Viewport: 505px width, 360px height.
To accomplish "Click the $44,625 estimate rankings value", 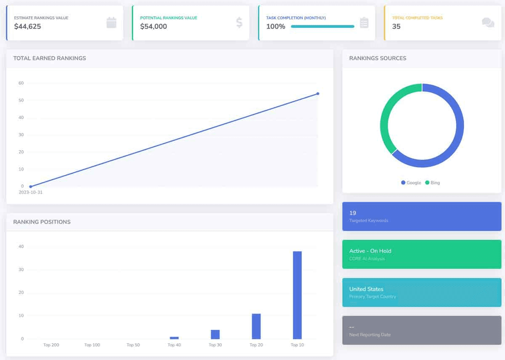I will pyautogui.click(x=27, y=26).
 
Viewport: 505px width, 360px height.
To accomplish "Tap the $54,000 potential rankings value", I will pyautogui.click(x=154, y=26).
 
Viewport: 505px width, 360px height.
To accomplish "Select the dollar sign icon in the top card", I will pyautogui.click(x=239, y=23).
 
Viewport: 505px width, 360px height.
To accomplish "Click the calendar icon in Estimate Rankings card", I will pyautogui.click(x=111, y=23).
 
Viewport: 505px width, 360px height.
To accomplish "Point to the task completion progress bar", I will pyautogui.click(x=322, y=26).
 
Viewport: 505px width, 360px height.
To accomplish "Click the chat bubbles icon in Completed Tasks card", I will pyautogui.click(x=488, y=23).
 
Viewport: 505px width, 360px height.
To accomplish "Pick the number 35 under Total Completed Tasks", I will pyautogui.click(x=396, y=26).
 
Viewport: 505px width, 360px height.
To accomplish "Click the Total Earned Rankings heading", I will pyautogui.click(x=50, y=58).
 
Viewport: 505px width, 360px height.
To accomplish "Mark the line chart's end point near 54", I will pyautogui.click(x=318, y=93).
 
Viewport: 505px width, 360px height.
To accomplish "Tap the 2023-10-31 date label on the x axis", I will pyautogui.click(x=31, y=192).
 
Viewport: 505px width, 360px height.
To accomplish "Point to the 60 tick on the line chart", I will pyautogui.click(x=21, y=83).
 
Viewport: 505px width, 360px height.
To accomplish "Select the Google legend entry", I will pyautogui.click(x=411, y=183).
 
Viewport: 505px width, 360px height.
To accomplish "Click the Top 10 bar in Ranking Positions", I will pyautogui.click(x=297, y=294).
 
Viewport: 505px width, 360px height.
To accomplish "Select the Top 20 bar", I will pyautogui.click(x=256, y=326).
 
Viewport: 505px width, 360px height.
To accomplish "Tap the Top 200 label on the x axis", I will pyautogui.click(x=51, y=345).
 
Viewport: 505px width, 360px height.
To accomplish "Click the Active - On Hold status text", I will pyautogui.click(x=370, y=251).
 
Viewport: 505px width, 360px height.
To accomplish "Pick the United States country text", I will pyautogui.click(x=366, y=289).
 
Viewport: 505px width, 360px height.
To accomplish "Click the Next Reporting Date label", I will pyautogui.click(x=370, y=335).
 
